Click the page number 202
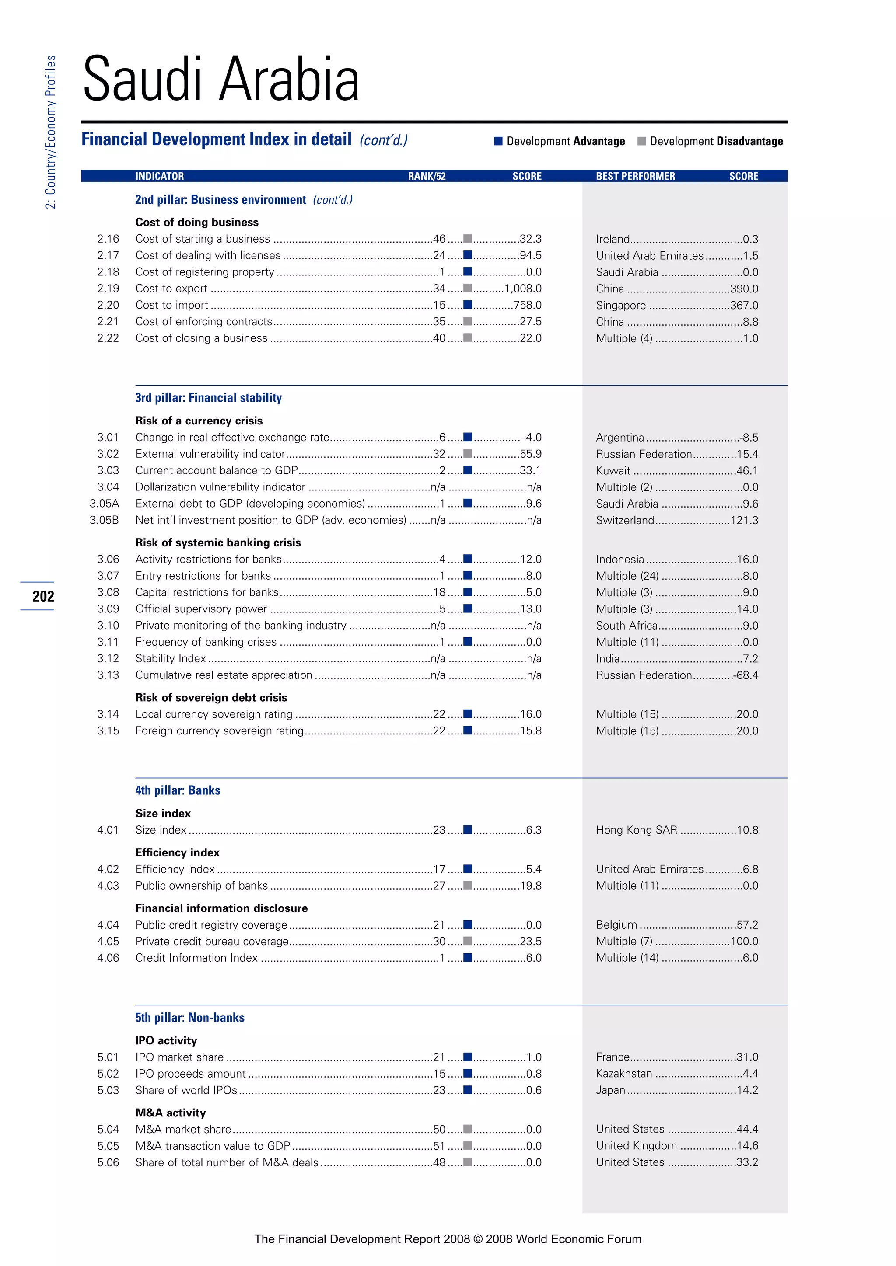pyautogui.click(x=43, y=596)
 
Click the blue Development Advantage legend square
pyautogui.click(x=498, y=141)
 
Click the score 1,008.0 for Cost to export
pyautogui.click(x=523, y=289)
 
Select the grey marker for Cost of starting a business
pyautogui.click(x=467, y=239)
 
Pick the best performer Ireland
pyautogui.click(x=612, y=239)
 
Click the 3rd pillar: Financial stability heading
pyautogui.click(x=209, y=397)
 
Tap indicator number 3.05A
pyautogui.click(x=104, y=504)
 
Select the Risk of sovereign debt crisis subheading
pyautogui.click(x=211, y=698)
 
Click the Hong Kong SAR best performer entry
pyautogui.click(x=636, y=830)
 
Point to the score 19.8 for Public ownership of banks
pyautogui.click(x=531, y=886)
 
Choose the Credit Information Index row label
pyautogui.click(x=196, y=958)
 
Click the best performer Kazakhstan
pyautogui.click(x=624, y=1074)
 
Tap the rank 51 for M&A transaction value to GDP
pyautogui.click(x=439, y=1146)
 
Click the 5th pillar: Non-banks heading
pyautogui.click(x=190, y=1017)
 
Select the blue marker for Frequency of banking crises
pyautogui.click(x=467, y=642)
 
